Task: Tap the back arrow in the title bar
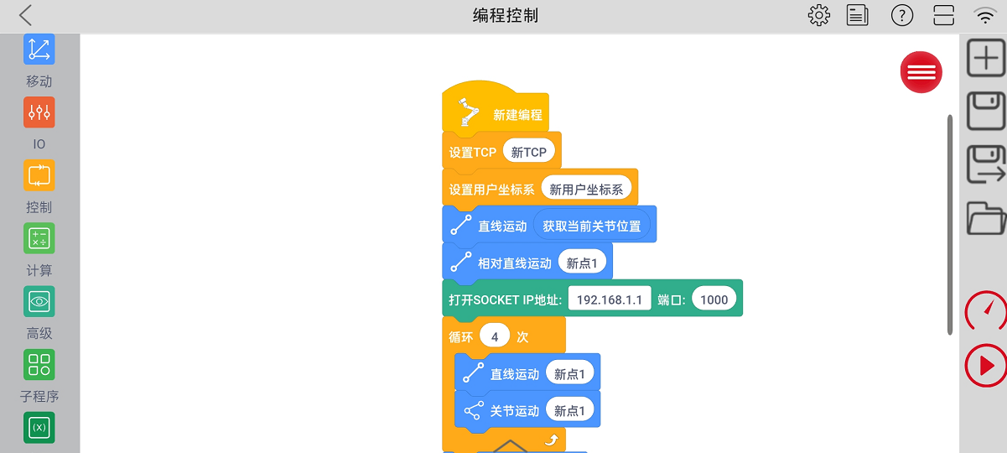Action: pos(25,15)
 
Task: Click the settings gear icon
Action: pos(818,15)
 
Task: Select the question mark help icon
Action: pos(902,15)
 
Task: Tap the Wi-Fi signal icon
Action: pos(984,15)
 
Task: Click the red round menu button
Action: pos(921,72)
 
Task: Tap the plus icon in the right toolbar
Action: pos(986,57)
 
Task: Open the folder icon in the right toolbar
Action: pos(986,217)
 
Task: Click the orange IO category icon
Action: pos(39,112)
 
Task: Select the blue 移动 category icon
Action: pos(39,49)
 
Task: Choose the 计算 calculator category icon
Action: pos(39,238)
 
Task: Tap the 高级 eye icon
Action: pos(39,301)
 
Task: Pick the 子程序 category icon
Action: pos(39,364)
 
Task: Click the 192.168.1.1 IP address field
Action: pos(610,299)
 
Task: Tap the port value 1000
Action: pos(714,299)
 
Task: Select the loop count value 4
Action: pos(495,336)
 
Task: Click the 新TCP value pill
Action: pos(528,152)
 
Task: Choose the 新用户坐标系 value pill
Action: pos(586,189)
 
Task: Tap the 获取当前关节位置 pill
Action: pos(591,226)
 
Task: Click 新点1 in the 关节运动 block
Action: pos(569,410)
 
